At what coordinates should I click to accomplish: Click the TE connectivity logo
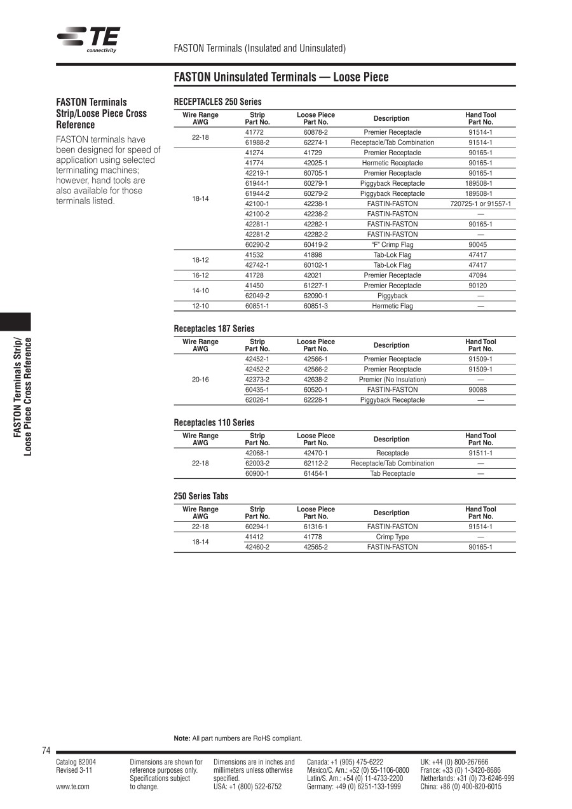[x=88, y=39]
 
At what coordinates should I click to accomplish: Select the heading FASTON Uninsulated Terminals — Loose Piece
[x=281, y=78]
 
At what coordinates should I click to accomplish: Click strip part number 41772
[x=254, y=132]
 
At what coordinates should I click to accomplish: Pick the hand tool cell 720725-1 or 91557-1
[x=480, y=204]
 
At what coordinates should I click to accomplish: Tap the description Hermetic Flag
[x=392, y=306]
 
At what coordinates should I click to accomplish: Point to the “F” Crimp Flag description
[x=392, y=245]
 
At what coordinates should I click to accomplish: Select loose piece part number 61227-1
[x=315, y=286]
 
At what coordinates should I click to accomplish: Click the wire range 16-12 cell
[x=200, y=275]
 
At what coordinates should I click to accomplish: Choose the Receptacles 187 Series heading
[x=214, y=329]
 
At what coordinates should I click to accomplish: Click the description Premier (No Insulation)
[x=392, y=380]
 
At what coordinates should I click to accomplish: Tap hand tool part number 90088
[x=480, y=390]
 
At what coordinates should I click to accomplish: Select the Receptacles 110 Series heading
[x=214, y=423]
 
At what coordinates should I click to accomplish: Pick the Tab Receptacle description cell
[x=392, y=474]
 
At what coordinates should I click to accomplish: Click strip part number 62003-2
[x=257, y=464]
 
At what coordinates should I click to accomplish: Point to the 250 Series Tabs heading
[x=201, y=496]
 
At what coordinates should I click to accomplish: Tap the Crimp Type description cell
[x=392, y=537]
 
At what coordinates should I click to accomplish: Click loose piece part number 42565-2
[x=315, y=547]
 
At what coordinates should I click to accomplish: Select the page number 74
[x=46, y=751]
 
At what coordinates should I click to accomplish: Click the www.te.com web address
[x=72, y=787]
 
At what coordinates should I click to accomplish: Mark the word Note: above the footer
[x=182, y=738]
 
